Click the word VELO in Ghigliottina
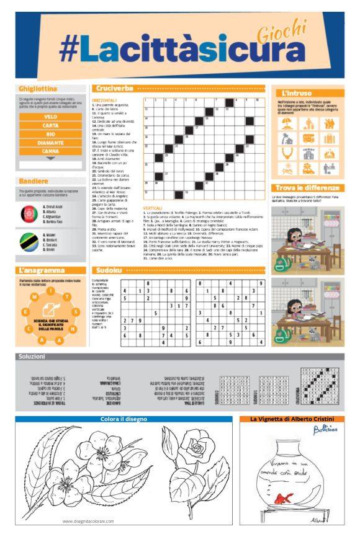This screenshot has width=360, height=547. click(x=51, y=116)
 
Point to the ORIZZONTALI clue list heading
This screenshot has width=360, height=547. click(x=105, y=100)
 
